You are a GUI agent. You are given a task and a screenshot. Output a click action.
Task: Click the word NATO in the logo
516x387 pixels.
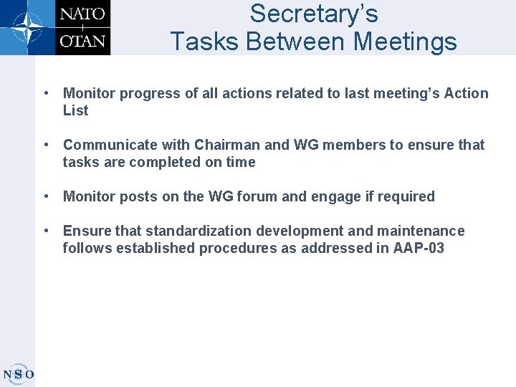tap(82, 14)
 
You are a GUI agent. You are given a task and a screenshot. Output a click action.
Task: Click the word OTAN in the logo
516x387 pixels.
tap(82, 41)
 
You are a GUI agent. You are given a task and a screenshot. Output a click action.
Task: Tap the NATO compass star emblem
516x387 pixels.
tap(27, 27)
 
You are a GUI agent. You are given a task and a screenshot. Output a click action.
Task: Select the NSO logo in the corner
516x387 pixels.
tap(18, 373)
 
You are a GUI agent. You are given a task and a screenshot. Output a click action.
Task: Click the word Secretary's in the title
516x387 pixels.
tap(313, 14)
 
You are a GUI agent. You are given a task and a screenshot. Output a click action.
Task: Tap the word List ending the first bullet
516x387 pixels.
tap(75, 110)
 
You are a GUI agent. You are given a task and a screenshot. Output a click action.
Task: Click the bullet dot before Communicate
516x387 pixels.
tap(46, 145)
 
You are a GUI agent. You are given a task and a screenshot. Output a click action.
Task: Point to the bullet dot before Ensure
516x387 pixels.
tap(46, 231)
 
